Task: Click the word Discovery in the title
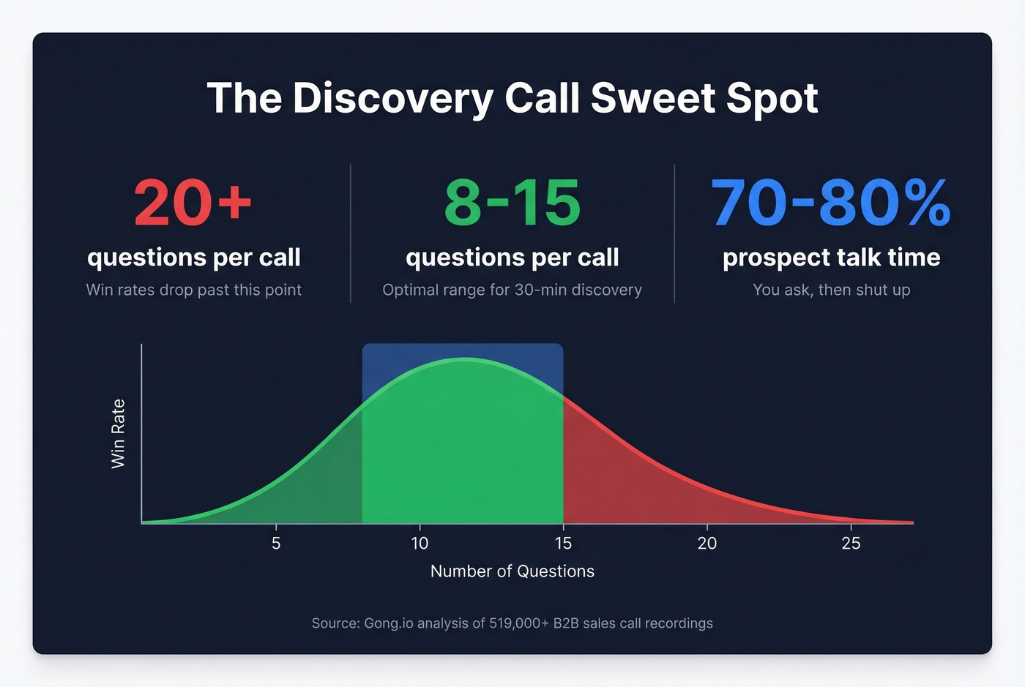point(393,98)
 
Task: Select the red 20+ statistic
point(193,203)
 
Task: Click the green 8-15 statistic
point(512,203)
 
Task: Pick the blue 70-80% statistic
point(831,203)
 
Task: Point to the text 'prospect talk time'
point(831,258)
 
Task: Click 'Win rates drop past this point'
point(193,290)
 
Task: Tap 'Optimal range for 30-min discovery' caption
point(512,290)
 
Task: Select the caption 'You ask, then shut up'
point(831,290)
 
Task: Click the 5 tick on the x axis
point(276,543)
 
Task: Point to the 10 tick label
point(420,543)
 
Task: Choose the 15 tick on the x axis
point(563,543)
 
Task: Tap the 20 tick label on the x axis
point(707,543)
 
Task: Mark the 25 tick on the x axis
point(851,543)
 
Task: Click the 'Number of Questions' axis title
point(512,571)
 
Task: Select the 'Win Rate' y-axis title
point(118,434)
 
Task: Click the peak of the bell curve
point(463,358)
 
